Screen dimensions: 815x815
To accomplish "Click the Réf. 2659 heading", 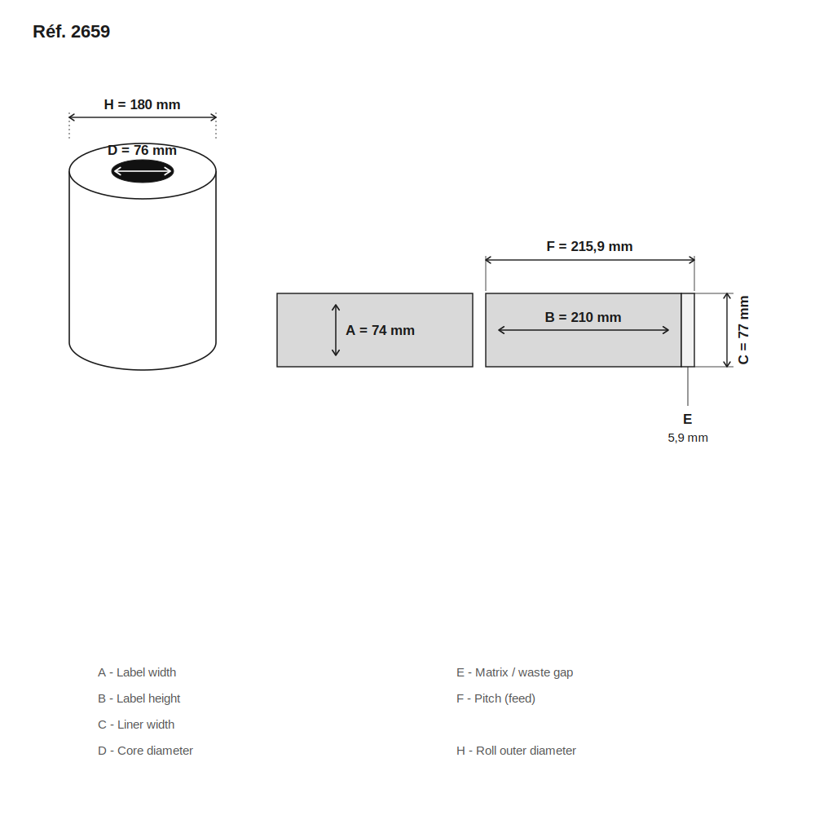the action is coord(71,32).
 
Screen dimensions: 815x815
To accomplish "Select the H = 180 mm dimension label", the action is coord(142,104).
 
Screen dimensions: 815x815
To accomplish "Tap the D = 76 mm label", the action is coord(142,150).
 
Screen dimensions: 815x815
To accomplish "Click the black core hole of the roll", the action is coord(143,171).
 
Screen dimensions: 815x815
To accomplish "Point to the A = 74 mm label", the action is coord(380,331).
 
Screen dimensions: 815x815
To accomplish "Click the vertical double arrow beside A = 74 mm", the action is coord(336,330).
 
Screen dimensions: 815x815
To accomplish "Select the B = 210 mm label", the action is coord(583,317).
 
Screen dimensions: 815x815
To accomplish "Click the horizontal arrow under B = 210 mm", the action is coord(584,330).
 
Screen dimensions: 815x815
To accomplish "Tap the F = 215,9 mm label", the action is coord(589,246).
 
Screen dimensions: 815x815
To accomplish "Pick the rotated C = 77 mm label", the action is coord(743,330).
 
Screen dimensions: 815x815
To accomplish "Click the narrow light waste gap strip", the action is coord(688,330).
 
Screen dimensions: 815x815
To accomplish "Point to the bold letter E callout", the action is coord(687,419).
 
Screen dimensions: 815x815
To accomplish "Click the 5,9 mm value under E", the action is coord(688,438).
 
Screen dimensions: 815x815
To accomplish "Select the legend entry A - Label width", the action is coord(137,672).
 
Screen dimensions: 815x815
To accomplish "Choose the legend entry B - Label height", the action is coord(139,698).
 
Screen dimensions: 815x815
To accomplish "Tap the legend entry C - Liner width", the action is coord(136,725).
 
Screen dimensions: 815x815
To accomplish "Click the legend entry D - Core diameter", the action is coord(145,751).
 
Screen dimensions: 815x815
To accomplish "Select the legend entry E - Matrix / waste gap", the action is coord(514,672).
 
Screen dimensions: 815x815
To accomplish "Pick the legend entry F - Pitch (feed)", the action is coord(496,698).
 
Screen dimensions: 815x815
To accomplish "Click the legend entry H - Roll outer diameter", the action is coord(516,751).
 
